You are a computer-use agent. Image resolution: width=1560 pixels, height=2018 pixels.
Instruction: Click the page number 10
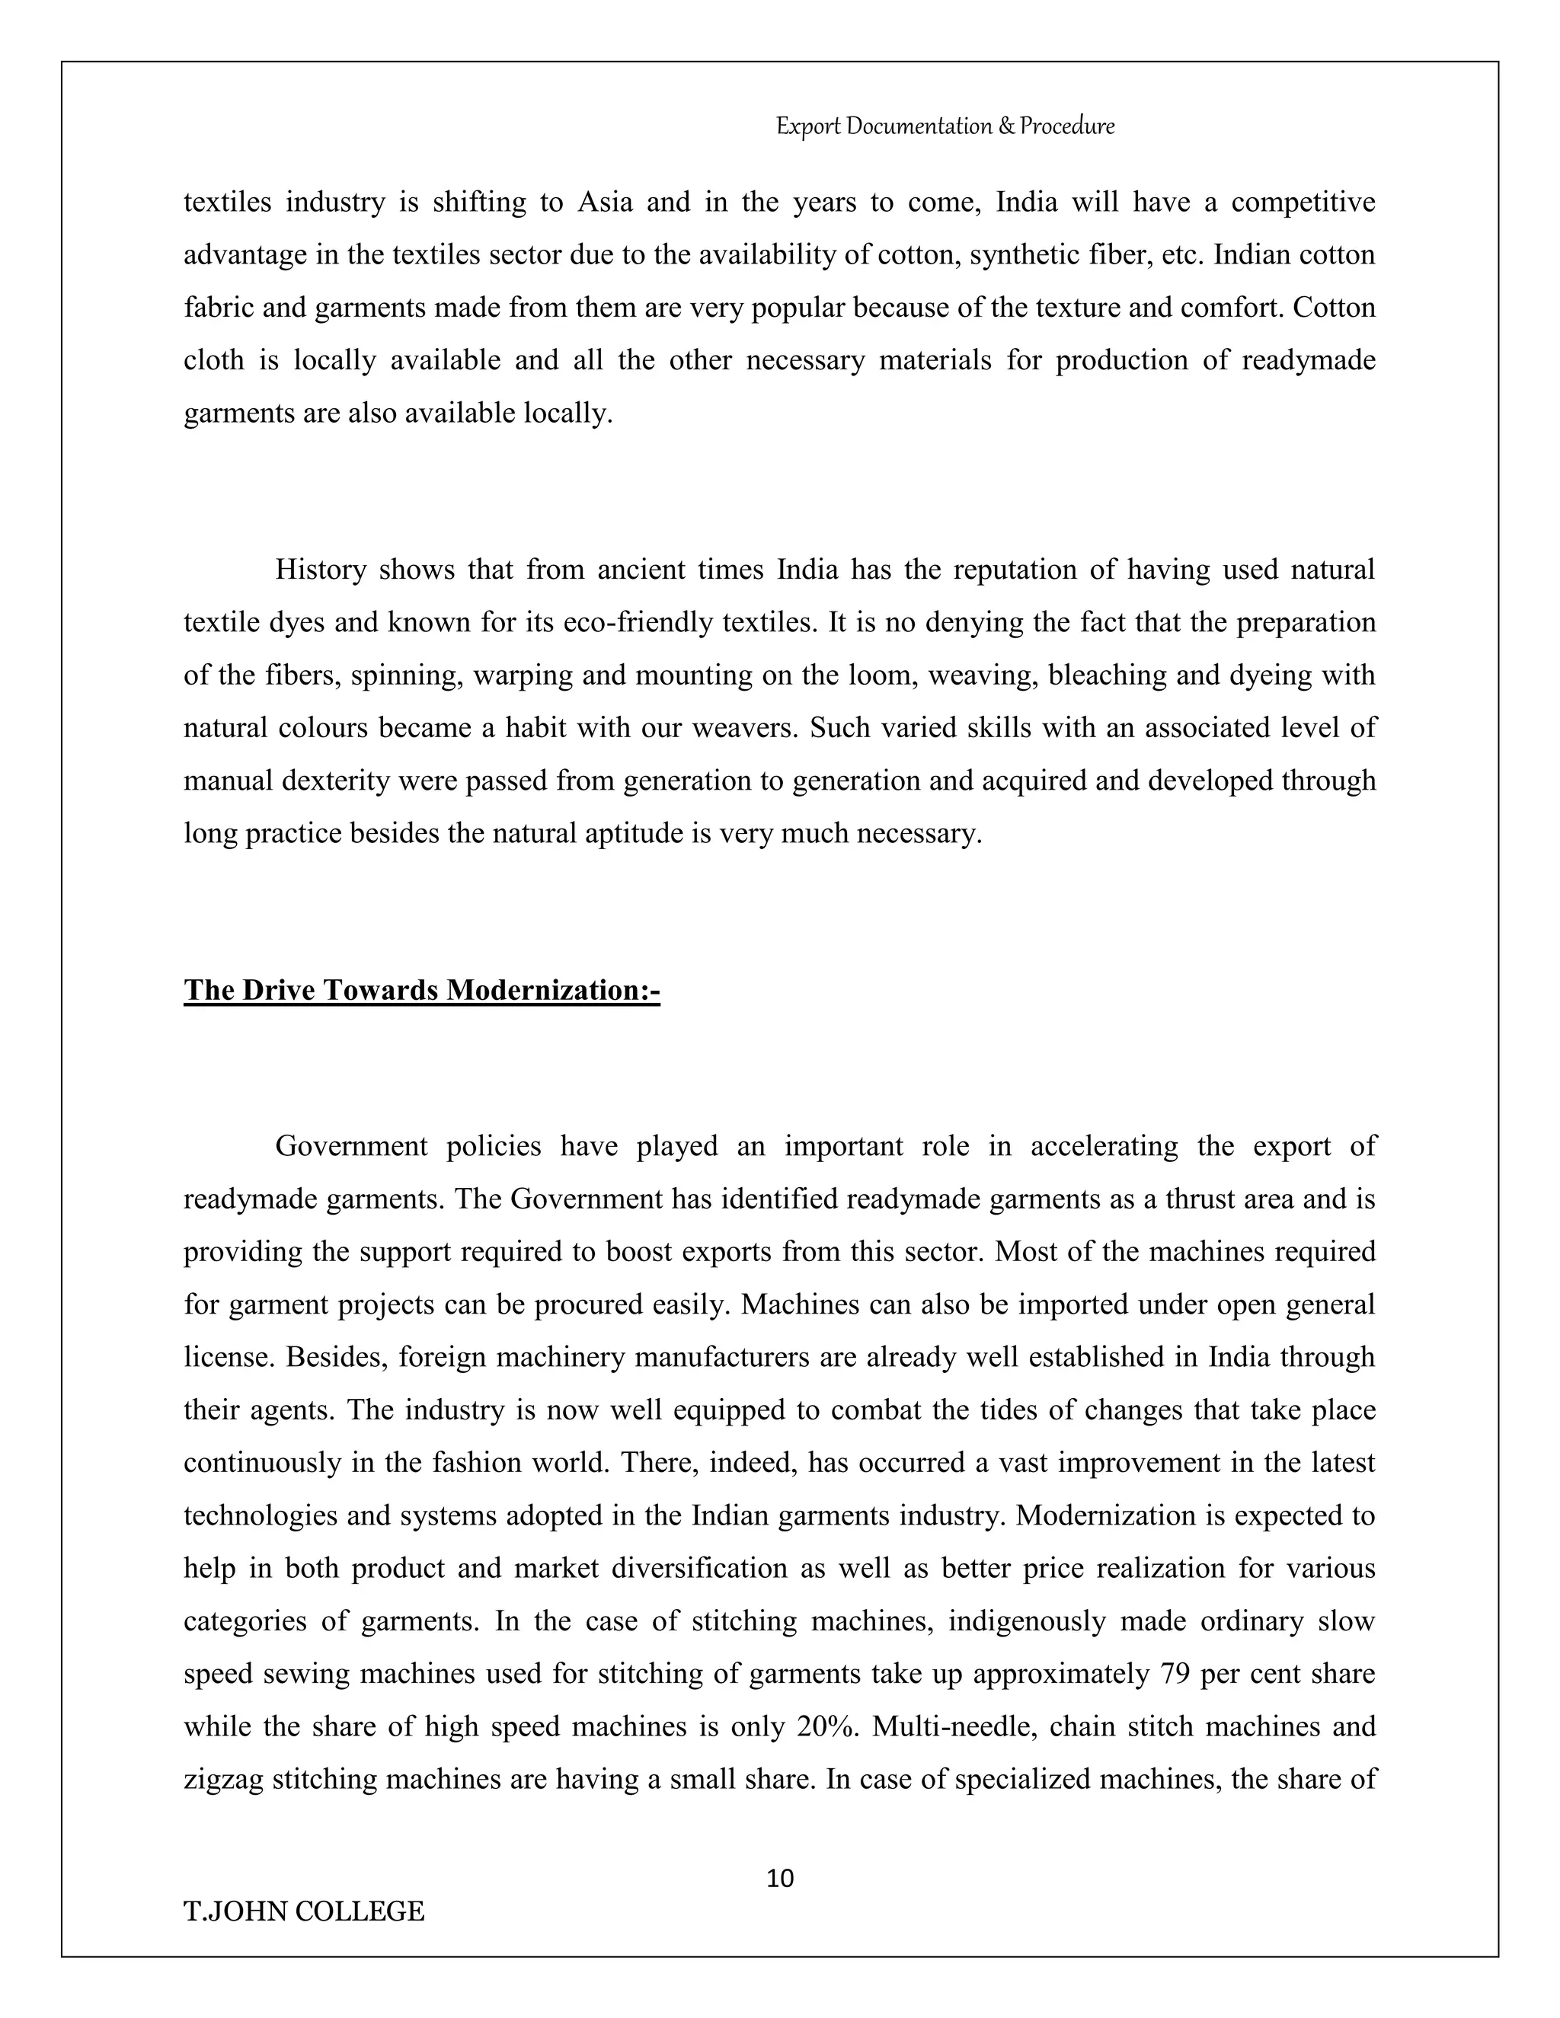780,1879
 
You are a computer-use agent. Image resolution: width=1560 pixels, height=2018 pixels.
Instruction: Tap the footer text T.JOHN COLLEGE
304,1911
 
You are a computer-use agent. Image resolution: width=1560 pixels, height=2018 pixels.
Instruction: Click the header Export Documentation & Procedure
945,126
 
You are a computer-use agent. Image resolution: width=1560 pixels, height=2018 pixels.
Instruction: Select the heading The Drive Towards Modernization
421,991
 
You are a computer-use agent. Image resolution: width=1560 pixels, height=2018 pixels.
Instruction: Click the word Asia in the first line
604,202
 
